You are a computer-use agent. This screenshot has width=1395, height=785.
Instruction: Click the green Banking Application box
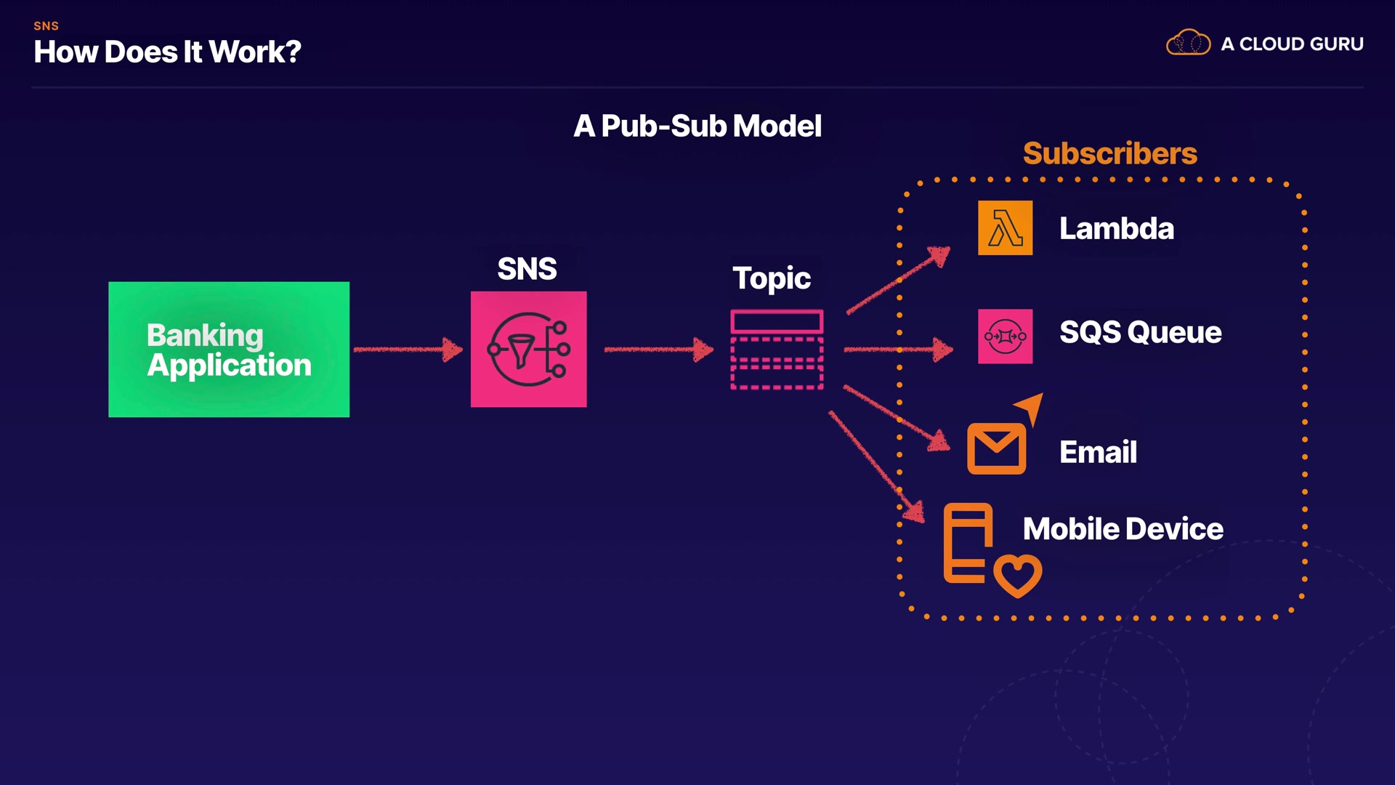(229, 349)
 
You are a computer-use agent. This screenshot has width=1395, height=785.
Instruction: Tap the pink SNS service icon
(528, 349)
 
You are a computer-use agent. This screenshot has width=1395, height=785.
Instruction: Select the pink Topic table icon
(777, 350)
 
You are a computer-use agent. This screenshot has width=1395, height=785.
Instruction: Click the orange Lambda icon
(1005, 228)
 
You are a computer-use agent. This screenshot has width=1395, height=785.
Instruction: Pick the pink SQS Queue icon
(1005, 337)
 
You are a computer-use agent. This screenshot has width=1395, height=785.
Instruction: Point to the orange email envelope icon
(996, 449)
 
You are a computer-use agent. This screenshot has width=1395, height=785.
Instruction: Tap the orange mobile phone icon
(967, 543)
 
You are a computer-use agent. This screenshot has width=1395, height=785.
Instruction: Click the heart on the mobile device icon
(1017, 575)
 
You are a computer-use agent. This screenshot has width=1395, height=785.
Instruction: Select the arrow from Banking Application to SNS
(408, 350)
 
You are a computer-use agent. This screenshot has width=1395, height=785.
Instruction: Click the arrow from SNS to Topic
(658, 350)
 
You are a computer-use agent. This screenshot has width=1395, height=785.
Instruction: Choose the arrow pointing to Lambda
(899, 281)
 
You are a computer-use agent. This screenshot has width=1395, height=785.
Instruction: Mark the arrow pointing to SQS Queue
(898, 350)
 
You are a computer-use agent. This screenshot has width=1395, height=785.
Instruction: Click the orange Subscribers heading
(1109, 153)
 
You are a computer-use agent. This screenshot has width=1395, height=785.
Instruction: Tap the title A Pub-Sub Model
(697, 126)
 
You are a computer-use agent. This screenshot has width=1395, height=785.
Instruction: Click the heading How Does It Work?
(167, 52)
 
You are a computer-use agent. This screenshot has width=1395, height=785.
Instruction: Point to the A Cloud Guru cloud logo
(1188, 44)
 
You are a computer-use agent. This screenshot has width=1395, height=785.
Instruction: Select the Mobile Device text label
(1123, 529)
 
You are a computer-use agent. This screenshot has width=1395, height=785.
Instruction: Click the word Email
(1098, 452)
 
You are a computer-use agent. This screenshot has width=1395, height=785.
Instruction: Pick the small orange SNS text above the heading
(46, 26)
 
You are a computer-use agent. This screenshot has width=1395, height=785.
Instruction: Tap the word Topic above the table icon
(771, 278)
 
